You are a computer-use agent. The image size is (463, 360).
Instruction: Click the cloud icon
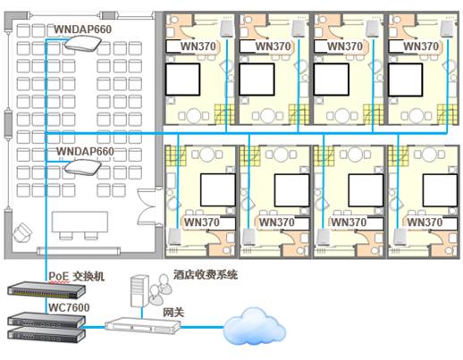click(x=255, y=326)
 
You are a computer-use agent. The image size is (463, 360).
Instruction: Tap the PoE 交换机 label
click(x=77, y=276)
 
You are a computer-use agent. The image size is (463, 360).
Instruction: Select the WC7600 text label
click(x=69, y=307)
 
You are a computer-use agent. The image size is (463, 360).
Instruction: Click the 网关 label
click(x=173, y=312)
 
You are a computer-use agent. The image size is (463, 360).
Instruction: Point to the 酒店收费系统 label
click(x=206, y=274)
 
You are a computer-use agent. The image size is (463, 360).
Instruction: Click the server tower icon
click(x=139, y=291)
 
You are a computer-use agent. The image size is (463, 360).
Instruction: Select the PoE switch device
click(x=46, y=290)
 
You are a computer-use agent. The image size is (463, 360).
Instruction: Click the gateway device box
click(x=143, y=325)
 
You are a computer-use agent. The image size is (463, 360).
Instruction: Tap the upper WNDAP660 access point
click(x=82, y=43)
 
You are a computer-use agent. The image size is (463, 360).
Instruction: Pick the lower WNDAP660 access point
click(x=82, y=167)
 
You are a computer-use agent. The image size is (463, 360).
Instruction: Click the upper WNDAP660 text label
click(x=82, y=29)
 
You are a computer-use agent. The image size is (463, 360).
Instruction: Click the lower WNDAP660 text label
click(x=85, y=151)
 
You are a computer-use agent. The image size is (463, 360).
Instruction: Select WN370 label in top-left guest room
click(x=198, y=46)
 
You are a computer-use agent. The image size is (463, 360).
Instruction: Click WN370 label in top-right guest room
click(x=421, y=46)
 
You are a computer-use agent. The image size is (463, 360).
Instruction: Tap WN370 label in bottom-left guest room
click(x=202, y=222)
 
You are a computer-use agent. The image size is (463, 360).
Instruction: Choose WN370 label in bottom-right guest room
click(x=425, y=222)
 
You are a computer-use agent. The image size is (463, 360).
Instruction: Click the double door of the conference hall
click(x=147, y=206)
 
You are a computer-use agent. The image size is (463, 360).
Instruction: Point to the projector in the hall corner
click(x=22, y=232)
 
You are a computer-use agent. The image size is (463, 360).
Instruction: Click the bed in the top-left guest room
click(x=182, y=80)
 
